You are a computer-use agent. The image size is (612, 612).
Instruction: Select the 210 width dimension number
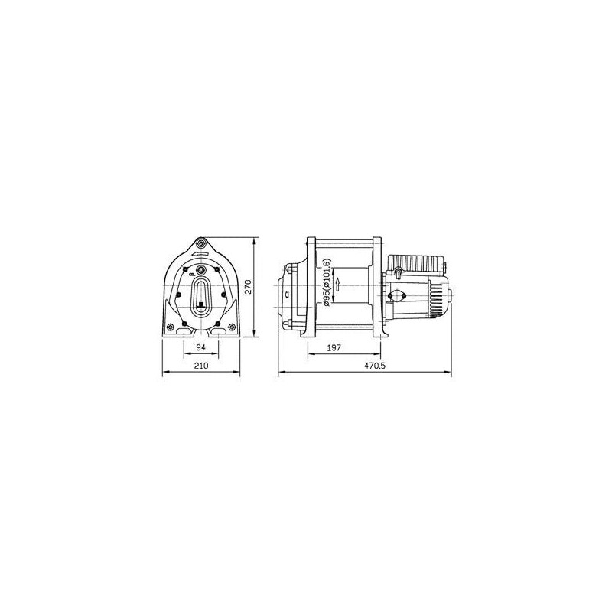coord(202,368)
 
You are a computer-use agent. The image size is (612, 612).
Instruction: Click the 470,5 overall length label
coord(374,368)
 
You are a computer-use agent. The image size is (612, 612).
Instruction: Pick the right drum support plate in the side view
coord(377,287)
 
